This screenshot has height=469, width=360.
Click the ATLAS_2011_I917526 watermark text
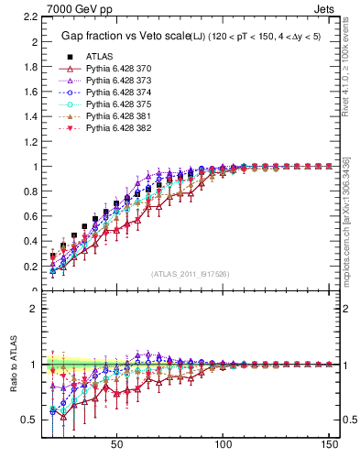(191, 273)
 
